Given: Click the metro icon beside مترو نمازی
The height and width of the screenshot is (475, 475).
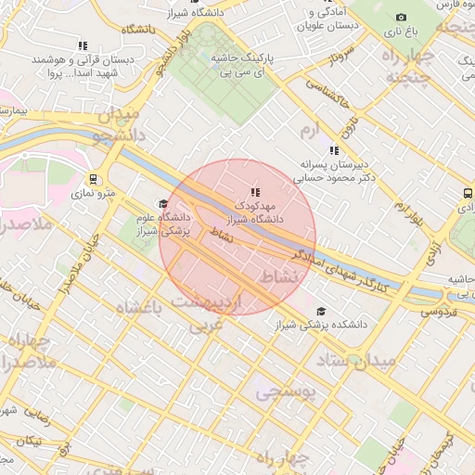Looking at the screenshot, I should [x=93, y=178].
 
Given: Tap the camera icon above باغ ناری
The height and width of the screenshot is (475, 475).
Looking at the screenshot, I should [x=401, y=18].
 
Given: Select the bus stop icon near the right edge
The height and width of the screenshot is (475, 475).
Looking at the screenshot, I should [x=466, y=194].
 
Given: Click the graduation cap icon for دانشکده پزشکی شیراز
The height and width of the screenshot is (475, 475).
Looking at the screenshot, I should [x=321, y=312].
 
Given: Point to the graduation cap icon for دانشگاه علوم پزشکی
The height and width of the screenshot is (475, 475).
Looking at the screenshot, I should [x=163, y=203].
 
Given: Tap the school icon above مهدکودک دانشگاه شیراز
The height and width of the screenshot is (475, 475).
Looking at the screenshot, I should [x=255, y=191].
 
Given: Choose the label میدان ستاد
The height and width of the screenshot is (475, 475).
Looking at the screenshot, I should [x=356, y=358].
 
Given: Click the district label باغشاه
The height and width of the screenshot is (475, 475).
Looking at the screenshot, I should [x=139, y=307].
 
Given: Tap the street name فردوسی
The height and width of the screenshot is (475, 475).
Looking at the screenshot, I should [x=443, y=313].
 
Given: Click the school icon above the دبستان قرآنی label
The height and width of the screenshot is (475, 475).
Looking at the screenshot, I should [x=83, y=45].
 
